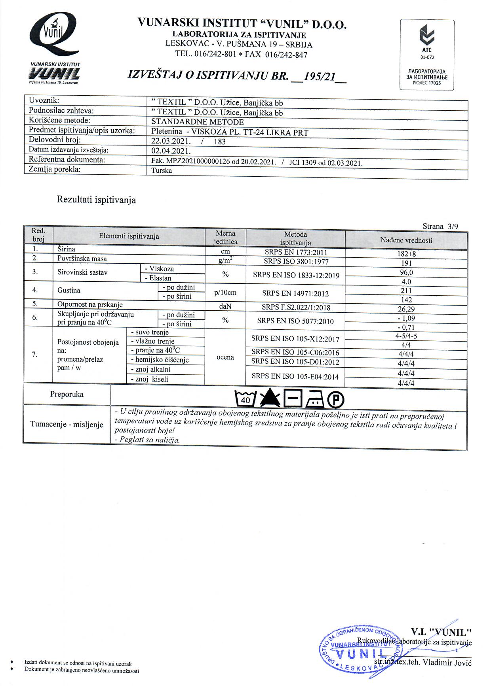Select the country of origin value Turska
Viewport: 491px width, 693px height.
[162, 171]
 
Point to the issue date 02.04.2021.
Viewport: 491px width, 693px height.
[171, 151]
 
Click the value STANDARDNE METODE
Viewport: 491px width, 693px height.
[198, 122]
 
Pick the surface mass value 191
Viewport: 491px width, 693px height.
[406, 263]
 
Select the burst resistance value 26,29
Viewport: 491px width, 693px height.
[406, 309]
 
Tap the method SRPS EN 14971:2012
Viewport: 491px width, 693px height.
[295, 293]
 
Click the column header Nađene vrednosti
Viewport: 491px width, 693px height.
[406, 240]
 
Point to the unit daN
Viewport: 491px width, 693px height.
[225, 306]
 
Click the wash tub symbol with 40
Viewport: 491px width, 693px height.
[246, 399]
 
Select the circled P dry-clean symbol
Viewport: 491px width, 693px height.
[335, 400]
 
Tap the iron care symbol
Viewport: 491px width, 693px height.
[315, 399]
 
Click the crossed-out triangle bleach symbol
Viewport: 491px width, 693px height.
[270, 398]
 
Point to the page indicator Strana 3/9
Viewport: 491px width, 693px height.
[440, 227]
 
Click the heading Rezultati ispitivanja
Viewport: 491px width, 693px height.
[96, 200]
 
